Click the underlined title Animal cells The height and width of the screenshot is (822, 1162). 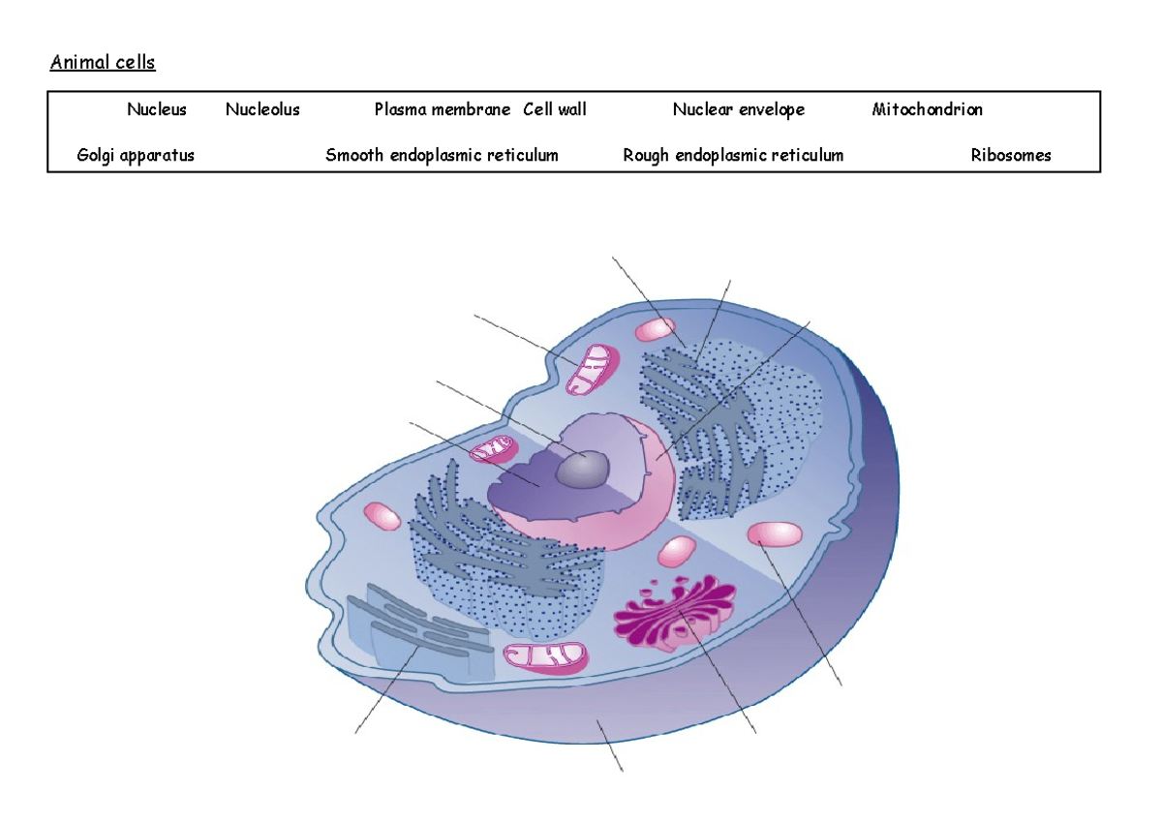click(103, 64)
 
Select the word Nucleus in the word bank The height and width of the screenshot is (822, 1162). click(157, 110)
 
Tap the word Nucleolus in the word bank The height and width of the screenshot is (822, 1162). click(262, 110)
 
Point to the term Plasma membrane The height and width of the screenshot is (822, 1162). click(442, 110)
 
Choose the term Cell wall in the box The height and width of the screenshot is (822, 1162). click(555, 110)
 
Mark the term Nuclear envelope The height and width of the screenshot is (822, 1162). click(739, 110)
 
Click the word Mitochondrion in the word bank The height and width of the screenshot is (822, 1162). click(927, 110)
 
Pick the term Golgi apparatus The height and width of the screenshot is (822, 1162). click(136, 156)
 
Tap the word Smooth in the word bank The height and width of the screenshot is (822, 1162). click(354, 156)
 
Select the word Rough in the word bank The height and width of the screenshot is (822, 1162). click(649, 156)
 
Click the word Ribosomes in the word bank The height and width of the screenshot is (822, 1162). click(1011, 156)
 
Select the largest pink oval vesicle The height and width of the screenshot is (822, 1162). click(776, 534)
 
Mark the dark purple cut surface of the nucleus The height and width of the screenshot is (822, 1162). click(528, 484)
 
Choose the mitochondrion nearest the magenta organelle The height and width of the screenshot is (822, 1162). click(546, 657)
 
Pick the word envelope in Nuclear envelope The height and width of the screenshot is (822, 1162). click(771, 110)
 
